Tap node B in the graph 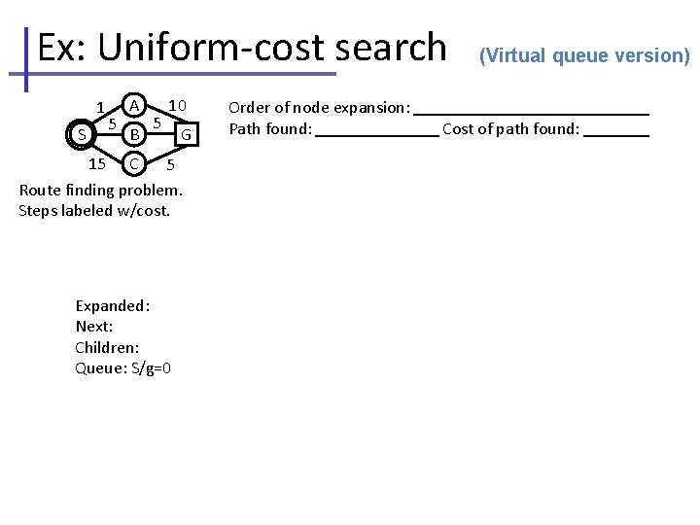(x=136, y=132)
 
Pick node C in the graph (x=136, y=160)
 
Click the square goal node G (x=188, y=132)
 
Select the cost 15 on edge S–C (x=96, y=162)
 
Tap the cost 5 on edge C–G (x=170, y=164)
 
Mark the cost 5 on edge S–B (x=113, y=124)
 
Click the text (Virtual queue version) (x=584, y=55)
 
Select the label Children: (x=107, y=347)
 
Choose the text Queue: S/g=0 (x=123, y=367)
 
